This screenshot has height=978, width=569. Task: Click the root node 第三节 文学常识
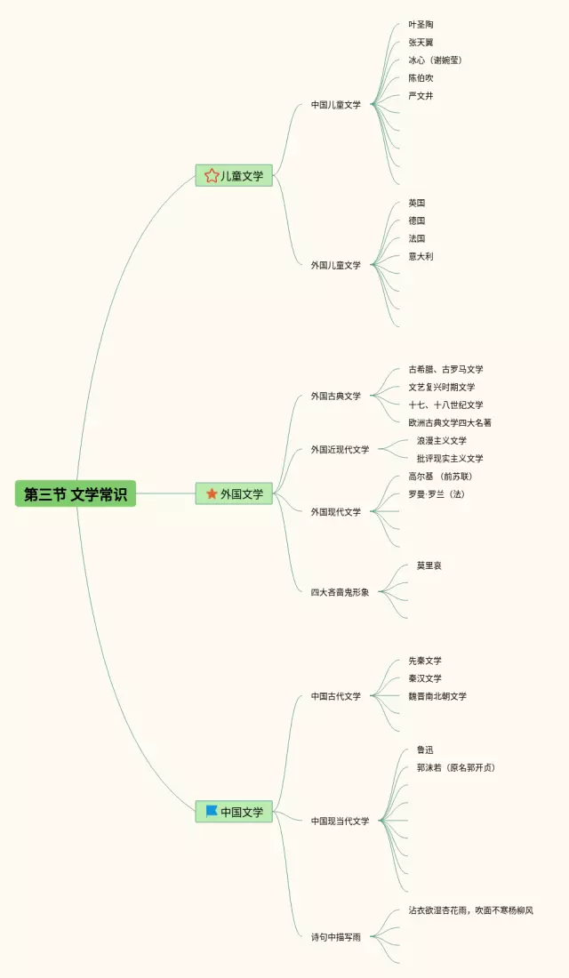76,494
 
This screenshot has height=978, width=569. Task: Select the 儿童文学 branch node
235,176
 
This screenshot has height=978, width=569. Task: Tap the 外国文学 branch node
235,493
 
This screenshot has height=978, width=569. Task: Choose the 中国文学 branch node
235,812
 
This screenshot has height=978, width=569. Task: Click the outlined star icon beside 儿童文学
212,176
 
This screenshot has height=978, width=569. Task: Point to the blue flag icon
212,811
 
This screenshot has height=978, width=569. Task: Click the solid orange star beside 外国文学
212,493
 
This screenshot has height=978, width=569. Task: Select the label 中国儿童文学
336,105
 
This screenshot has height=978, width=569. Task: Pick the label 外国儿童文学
336,265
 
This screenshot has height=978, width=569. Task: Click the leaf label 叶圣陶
421,25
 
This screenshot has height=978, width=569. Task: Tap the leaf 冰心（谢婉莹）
435,60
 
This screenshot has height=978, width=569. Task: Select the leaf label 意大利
421,256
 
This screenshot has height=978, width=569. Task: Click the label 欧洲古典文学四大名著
450,423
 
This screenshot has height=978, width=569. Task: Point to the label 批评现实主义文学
450,459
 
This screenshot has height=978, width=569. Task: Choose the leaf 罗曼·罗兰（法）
436,494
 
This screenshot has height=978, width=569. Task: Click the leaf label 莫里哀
429,565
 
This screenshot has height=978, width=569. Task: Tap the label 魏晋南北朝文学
437,696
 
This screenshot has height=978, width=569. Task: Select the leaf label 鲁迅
425,750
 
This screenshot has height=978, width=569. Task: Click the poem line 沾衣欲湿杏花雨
439,910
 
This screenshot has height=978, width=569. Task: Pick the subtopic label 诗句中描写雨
336,936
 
